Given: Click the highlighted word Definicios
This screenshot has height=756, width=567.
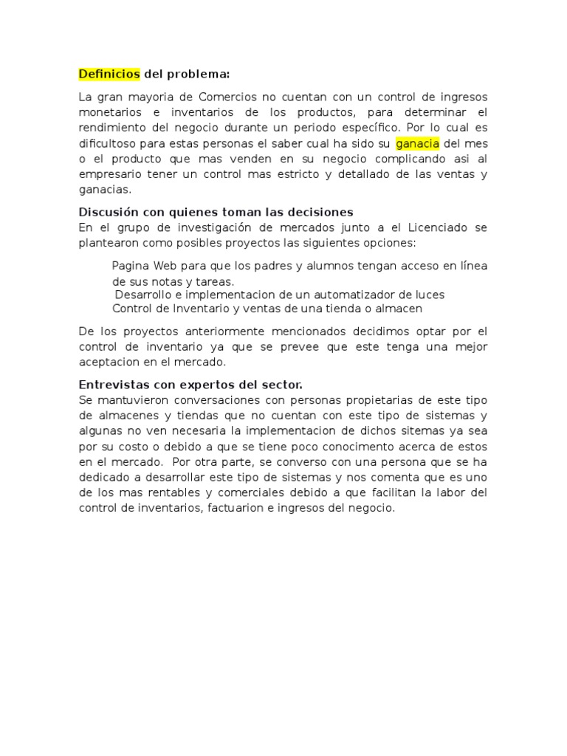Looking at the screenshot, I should (x=109, y=74).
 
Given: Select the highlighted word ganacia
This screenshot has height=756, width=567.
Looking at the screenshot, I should (x=417, y=143).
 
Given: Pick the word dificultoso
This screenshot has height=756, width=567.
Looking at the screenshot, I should (x=110, y=143).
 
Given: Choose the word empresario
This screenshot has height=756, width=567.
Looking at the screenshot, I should (x=111, y=174).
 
